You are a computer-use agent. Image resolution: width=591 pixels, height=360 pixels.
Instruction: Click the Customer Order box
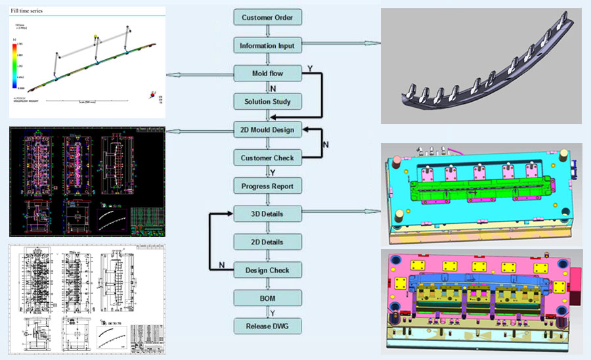[x=267, y=18]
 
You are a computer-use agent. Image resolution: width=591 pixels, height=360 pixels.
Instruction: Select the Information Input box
[x=267, y=45]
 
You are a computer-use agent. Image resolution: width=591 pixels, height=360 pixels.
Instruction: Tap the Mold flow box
[x=267, y=73]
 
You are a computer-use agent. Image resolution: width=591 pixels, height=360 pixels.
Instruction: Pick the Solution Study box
[x=267, y=102]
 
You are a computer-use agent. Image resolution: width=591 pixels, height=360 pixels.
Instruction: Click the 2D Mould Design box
[x=267, y=130]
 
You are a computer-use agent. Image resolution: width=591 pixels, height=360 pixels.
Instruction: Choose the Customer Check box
[x=267, y=158]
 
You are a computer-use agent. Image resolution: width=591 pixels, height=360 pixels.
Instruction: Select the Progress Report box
[x=267, y=186]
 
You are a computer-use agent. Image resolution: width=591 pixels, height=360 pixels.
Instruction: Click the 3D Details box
[x=267, y=214]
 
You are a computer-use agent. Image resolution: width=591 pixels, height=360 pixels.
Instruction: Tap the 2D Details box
[x=267, y=242]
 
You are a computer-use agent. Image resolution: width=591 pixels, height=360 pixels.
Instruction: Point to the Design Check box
[x=267, y=270]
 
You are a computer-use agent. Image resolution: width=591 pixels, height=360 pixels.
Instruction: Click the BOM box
[x=267, y=298]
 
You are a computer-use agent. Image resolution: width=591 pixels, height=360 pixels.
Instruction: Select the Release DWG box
[x=267, y=326]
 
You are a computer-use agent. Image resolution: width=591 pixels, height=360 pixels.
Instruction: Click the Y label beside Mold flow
[x=309, y=69]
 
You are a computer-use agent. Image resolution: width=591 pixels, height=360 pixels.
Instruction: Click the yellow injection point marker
[x=96, y=37]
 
